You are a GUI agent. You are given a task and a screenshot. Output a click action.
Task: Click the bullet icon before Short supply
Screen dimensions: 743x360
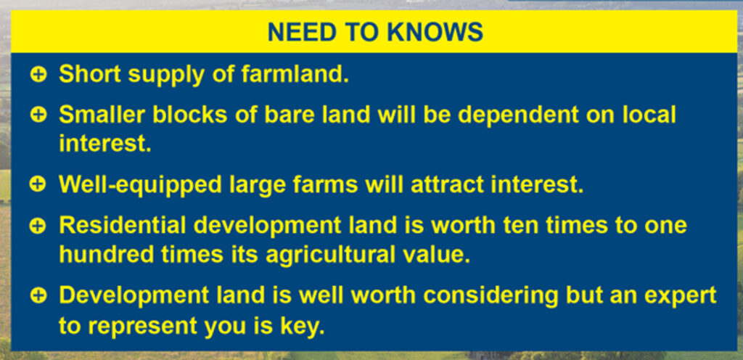38,75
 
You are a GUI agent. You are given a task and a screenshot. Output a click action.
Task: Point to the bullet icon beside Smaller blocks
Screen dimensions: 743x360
38,115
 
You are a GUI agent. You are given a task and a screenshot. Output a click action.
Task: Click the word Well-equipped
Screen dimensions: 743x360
140,186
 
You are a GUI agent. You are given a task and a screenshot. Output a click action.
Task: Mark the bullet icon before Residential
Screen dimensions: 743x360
38,226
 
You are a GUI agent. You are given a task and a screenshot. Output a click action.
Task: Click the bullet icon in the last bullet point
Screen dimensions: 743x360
38,295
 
